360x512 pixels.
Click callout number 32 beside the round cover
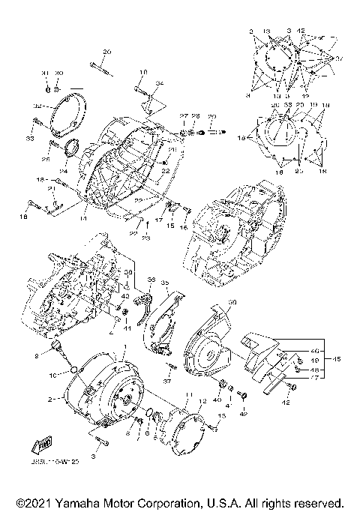pos(37,106)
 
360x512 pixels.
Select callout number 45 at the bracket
pos(337,358)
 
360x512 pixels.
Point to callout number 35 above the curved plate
pos(164,283)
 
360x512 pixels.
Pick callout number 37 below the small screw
pos(168,380)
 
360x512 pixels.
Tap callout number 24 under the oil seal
pos(64,171)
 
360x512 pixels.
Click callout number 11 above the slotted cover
pos(188,396)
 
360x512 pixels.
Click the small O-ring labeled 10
pos(72,368)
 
